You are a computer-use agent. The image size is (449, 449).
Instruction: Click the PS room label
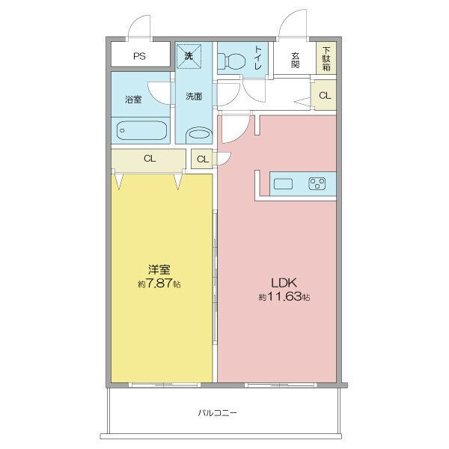point(139,56)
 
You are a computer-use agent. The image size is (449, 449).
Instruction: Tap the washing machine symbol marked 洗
point(189,56)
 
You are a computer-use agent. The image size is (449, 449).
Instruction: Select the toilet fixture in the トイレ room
point(232,61)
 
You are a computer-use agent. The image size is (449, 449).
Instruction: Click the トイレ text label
point(258,58)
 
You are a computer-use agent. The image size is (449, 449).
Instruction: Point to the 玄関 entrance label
point(296,60)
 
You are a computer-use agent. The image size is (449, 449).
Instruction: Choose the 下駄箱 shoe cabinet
point(326,58)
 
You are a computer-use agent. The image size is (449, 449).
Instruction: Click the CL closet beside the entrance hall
point(325,95)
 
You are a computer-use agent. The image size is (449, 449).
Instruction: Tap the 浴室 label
point(133,100)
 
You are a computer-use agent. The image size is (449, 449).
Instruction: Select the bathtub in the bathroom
point(141,130)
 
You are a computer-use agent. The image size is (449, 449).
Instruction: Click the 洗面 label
point(194,97)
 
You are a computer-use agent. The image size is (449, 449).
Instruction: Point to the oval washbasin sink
point(199,135)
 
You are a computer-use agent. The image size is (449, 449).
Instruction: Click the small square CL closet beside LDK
point(202,159)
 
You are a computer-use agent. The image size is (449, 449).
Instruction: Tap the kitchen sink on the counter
point(283,184)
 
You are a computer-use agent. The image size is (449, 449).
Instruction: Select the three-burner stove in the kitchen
point(317,184)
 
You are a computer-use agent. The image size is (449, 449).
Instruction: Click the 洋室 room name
point(159,270)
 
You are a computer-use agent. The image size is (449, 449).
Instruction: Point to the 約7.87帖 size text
point(159,284)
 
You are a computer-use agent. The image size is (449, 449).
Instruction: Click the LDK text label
point(284,283)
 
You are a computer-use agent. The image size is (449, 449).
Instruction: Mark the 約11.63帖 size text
point(284,297)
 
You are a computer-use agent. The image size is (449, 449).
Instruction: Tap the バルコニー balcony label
point(217,413)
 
